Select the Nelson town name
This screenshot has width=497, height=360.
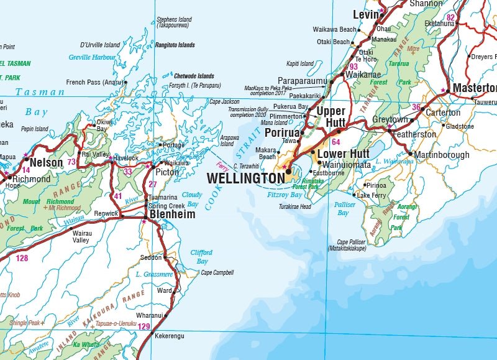(x=47, y=163)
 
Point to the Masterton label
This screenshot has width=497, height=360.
(x=474, y=88)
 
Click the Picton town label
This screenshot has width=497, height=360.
(x=167, y=172)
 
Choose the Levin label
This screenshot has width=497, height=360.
(x=366, y=14)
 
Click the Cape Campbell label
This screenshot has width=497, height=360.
(x=217, y=272)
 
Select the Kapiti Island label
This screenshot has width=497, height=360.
(x=299, y=63)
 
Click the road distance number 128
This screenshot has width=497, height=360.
(x=22, y=258)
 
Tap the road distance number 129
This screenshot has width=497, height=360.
(x=144, y=326)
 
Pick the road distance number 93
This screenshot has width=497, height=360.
(x=353, y=67)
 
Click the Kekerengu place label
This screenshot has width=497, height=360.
(x=170, y=336)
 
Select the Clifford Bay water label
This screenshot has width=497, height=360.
(x=201, y=257)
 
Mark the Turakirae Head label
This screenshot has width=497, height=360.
(x=294, y=206)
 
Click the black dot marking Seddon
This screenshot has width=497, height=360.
(x=165, y=257)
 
